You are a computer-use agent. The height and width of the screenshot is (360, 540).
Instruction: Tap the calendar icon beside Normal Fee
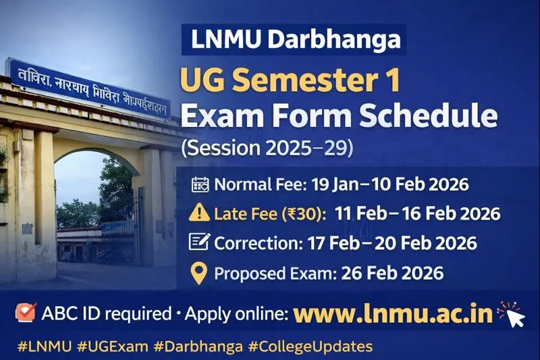click(x=201, y=184)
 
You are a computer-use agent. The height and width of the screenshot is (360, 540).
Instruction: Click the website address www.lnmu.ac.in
click(x=393, y=315)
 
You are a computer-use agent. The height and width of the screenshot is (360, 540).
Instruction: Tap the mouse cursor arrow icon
click(x=514, y=317)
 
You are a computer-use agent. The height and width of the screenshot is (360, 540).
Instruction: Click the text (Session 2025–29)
click(x=266, y=148)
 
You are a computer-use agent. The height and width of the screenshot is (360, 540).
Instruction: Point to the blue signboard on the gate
click(x=88, y=88)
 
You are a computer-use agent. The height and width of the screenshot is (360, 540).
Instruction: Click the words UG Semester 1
click(x=290, y=81)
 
